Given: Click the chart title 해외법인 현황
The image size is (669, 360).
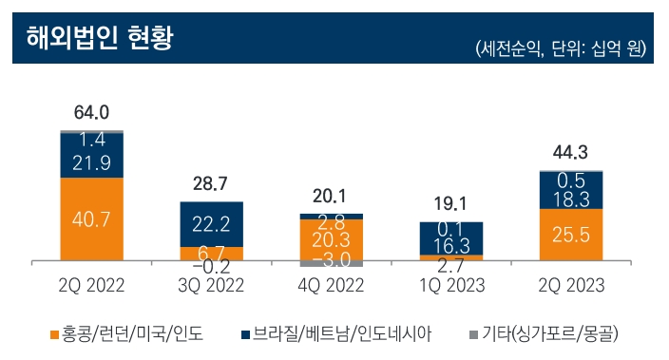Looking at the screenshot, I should pyautogui.click(x=92, y=40).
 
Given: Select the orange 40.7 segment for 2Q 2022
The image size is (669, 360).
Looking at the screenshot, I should pyautogui.click(x=92, y=218).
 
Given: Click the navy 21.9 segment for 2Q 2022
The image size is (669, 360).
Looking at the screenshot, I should pyautogui.click(x=92, y=161).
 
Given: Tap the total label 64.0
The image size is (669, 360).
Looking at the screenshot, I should pyautogui.click(x=92, y=115).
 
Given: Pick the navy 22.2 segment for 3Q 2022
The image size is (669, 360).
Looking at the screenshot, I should pyautogui.click(x=212, y=224).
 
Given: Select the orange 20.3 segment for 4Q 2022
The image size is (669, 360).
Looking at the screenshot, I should pyautogui.click(x=332, y=239).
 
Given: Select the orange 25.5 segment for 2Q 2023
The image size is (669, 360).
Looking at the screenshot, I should pyautogui.click(x=570, y=234).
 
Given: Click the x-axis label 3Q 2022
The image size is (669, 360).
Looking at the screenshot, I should pyautogui.click(x=212, y=285).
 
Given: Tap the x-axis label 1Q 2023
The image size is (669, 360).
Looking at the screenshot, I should pyautogui.click(x=451, y=285).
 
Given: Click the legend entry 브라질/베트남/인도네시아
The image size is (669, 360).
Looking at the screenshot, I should pyautogui.click(x=343, y=333).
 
